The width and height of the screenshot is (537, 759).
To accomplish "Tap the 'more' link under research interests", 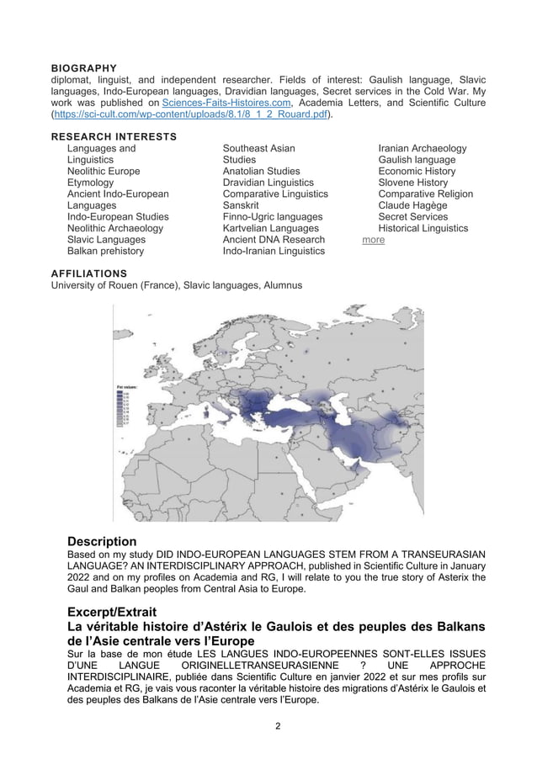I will click(x=373, y=240).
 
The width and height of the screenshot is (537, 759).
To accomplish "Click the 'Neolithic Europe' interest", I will click(x=104, y=171).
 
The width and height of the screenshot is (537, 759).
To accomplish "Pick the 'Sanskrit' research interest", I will click(x=241, y=205).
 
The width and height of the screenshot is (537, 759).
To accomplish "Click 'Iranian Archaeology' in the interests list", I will click(x=423, y=148).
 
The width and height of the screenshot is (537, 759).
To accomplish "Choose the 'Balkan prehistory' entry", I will click(x=106, y=251).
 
